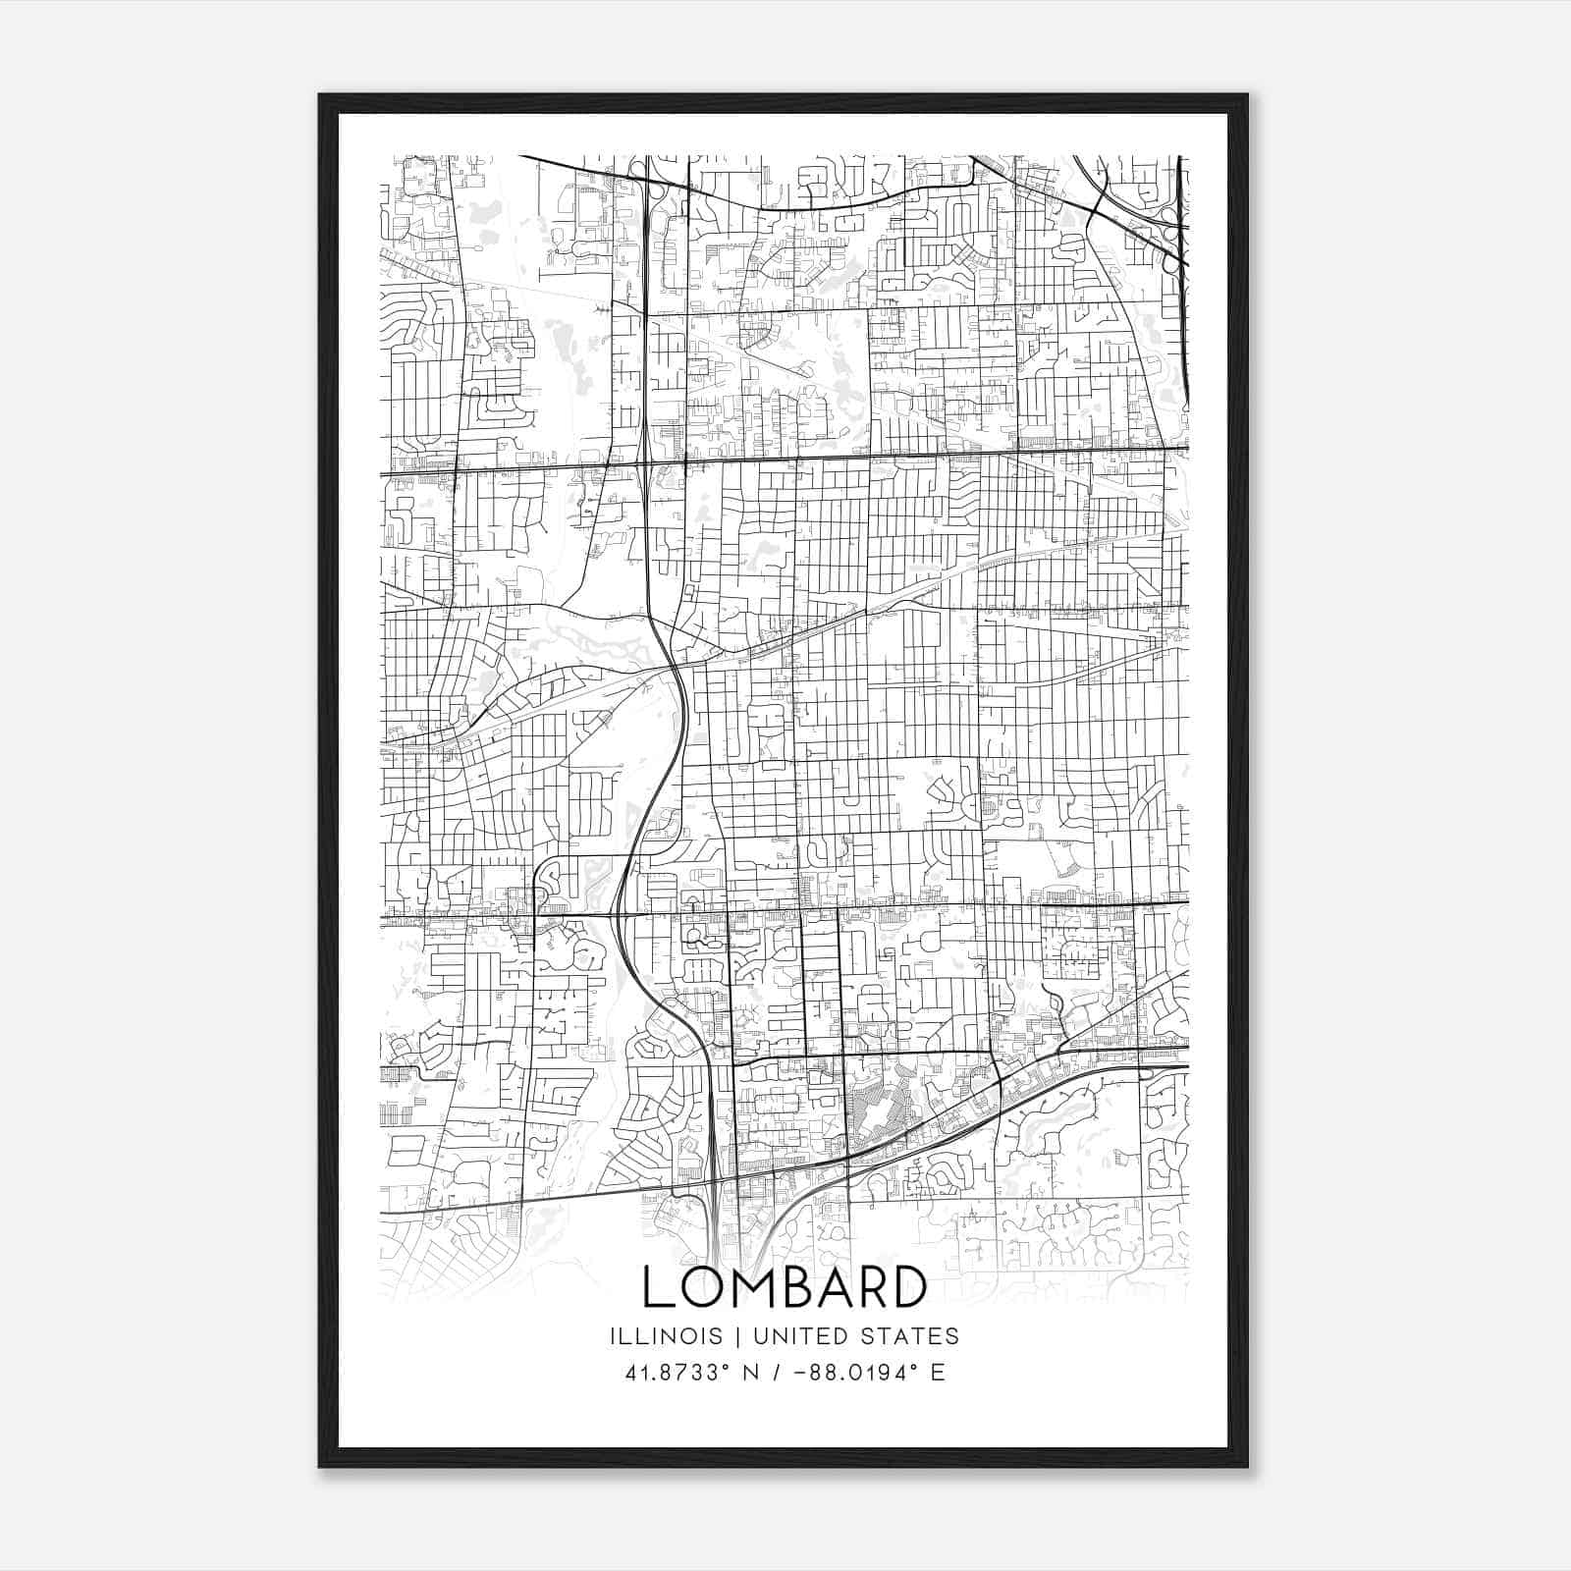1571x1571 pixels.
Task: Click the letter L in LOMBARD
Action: point(659,1287)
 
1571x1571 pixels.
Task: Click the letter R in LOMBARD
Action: point(883,1287)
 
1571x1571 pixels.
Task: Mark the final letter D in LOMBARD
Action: point(914,1287)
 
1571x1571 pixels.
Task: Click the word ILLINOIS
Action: point(666,1336)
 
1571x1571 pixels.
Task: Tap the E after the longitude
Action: point(938,1373)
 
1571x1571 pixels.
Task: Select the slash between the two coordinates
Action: point(777,1373)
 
